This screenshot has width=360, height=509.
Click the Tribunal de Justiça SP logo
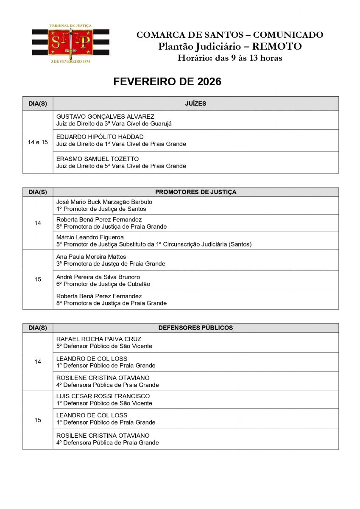click(x=70, y=43)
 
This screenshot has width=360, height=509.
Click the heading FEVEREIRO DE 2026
click(x=167, y=82)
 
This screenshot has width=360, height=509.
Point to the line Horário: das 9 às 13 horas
click(x=229, y=58)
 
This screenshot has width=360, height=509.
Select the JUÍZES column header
click(x=195, y=103)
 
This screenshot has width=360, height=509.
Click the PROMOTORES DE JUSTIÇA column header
click(x=195, y=192)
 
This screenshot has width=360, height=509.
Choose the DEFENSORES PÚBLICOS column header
click(x=195, y=328)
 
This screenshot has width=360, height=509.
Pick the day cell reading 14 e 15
click(x=38, y=143)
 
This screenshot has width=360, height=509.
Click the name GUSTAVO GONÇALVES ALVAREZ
click(x=105, y=117)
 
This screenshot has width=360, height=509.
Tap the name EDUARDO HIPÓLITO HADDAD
click(x=100, y=137)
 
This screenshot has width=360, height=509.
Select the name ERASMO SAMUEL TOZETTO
click(x=98, y=159)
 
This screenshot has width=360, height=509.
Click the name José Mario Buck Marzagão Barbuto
click(x=104, y=202)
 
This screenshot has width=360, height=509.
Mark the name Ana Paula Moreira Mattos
click(x=91, y=257)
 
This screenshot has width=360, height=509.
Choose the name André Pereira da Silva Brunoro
click(x=98, y=277)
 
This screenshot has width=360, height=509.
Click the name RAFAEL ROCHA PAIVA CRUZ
click(x=99, y=339)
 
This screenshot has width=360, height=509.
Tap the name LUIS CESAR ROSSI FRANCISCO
click(x=103, y=397)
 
